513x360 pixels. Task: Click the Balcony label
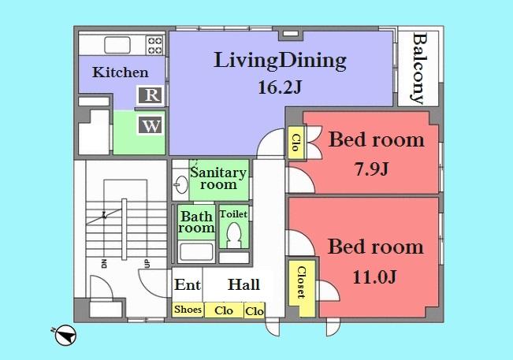point(418,69)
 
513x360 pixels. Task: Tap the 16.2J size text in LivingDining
point(280,88)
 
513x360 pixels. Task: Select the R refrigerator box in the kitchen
point(151,96)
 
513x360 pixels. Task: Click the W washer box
point(151,124)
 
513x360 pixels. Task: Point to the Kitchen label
point(121,72)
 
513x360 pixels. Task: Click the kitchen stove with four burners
point(154,44)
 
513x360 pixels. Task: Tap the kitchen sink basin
point(120,44)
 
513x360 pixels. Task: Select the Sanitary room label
point(218,179)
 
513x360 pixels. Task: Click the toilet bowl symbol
point(233,234)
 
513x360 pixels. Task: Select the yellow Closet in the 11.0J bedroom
point(300,282)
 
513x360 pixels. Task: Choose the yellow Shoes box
point(188,310)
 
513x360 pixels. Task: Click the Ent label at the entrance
point(187,285)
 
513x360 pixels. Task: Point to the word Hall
point(244,285)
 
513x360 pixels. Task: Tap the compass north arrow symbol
point(65,335)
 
